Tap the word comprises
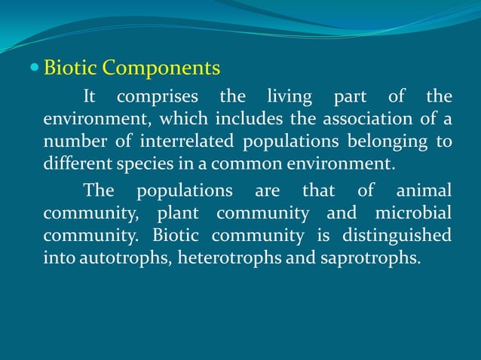[158, 97]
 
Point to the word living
[290, 96]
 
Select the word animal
[424, 190]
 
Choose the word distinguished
[397, 235]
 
